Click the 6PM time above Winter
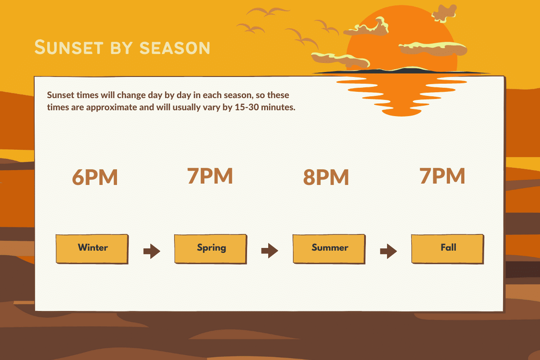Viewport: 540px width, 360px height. tap(95, 177)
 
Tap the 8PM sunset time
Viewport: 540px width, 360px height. tap(326, 177)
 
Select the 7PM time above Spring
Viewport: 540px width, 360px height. tap(210, 176)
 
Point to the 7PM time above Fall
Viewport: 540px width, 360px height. tap(442, 176)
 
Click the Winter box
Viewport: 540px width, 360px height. tap(92, 249)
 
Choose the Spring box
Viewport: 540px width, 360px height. tap(211, 249)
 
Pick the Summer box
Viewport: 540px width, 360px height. tap(329, 249)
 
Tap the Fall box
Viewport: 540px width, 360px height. tap(448, 249)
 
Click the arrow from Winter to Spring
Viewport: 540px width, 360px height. tap(152, 251)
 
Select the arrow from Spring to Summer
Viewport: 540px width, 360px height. tap(270, 251)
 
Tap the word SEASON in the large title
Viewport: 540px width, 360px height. tap(175, 48)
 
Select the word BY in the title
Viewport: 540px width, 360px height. tap(121, 48)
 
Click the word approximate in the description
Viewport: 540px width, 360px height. tap(112, 107)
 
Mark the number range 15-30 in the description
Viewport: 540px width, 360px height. tap(247, 107)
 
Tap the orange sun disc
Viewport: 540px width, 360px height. tap(402, 39)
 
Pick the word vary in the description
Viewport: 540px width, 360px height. tap(211, 108)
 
